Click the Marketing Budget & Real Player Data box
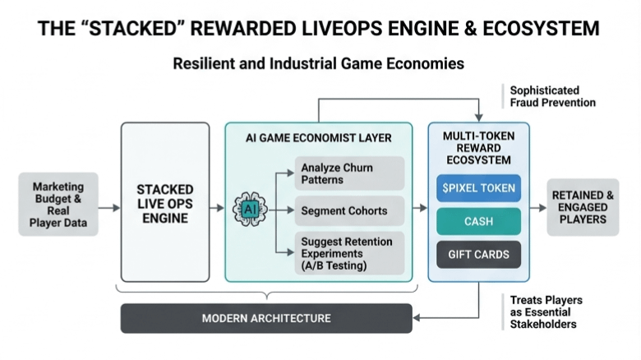pos(58,204)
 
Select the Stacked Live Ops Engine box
pos(164,203)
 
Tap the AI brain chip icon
pos(250,209)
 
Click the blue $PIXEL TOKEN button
pos(477,188)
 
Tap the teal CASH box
pos(477,221)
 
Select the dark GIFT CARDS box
pos(477,254)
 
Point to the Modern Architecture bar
pos(266,318)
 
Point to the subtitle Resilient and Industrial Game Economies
pos(319,63)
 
